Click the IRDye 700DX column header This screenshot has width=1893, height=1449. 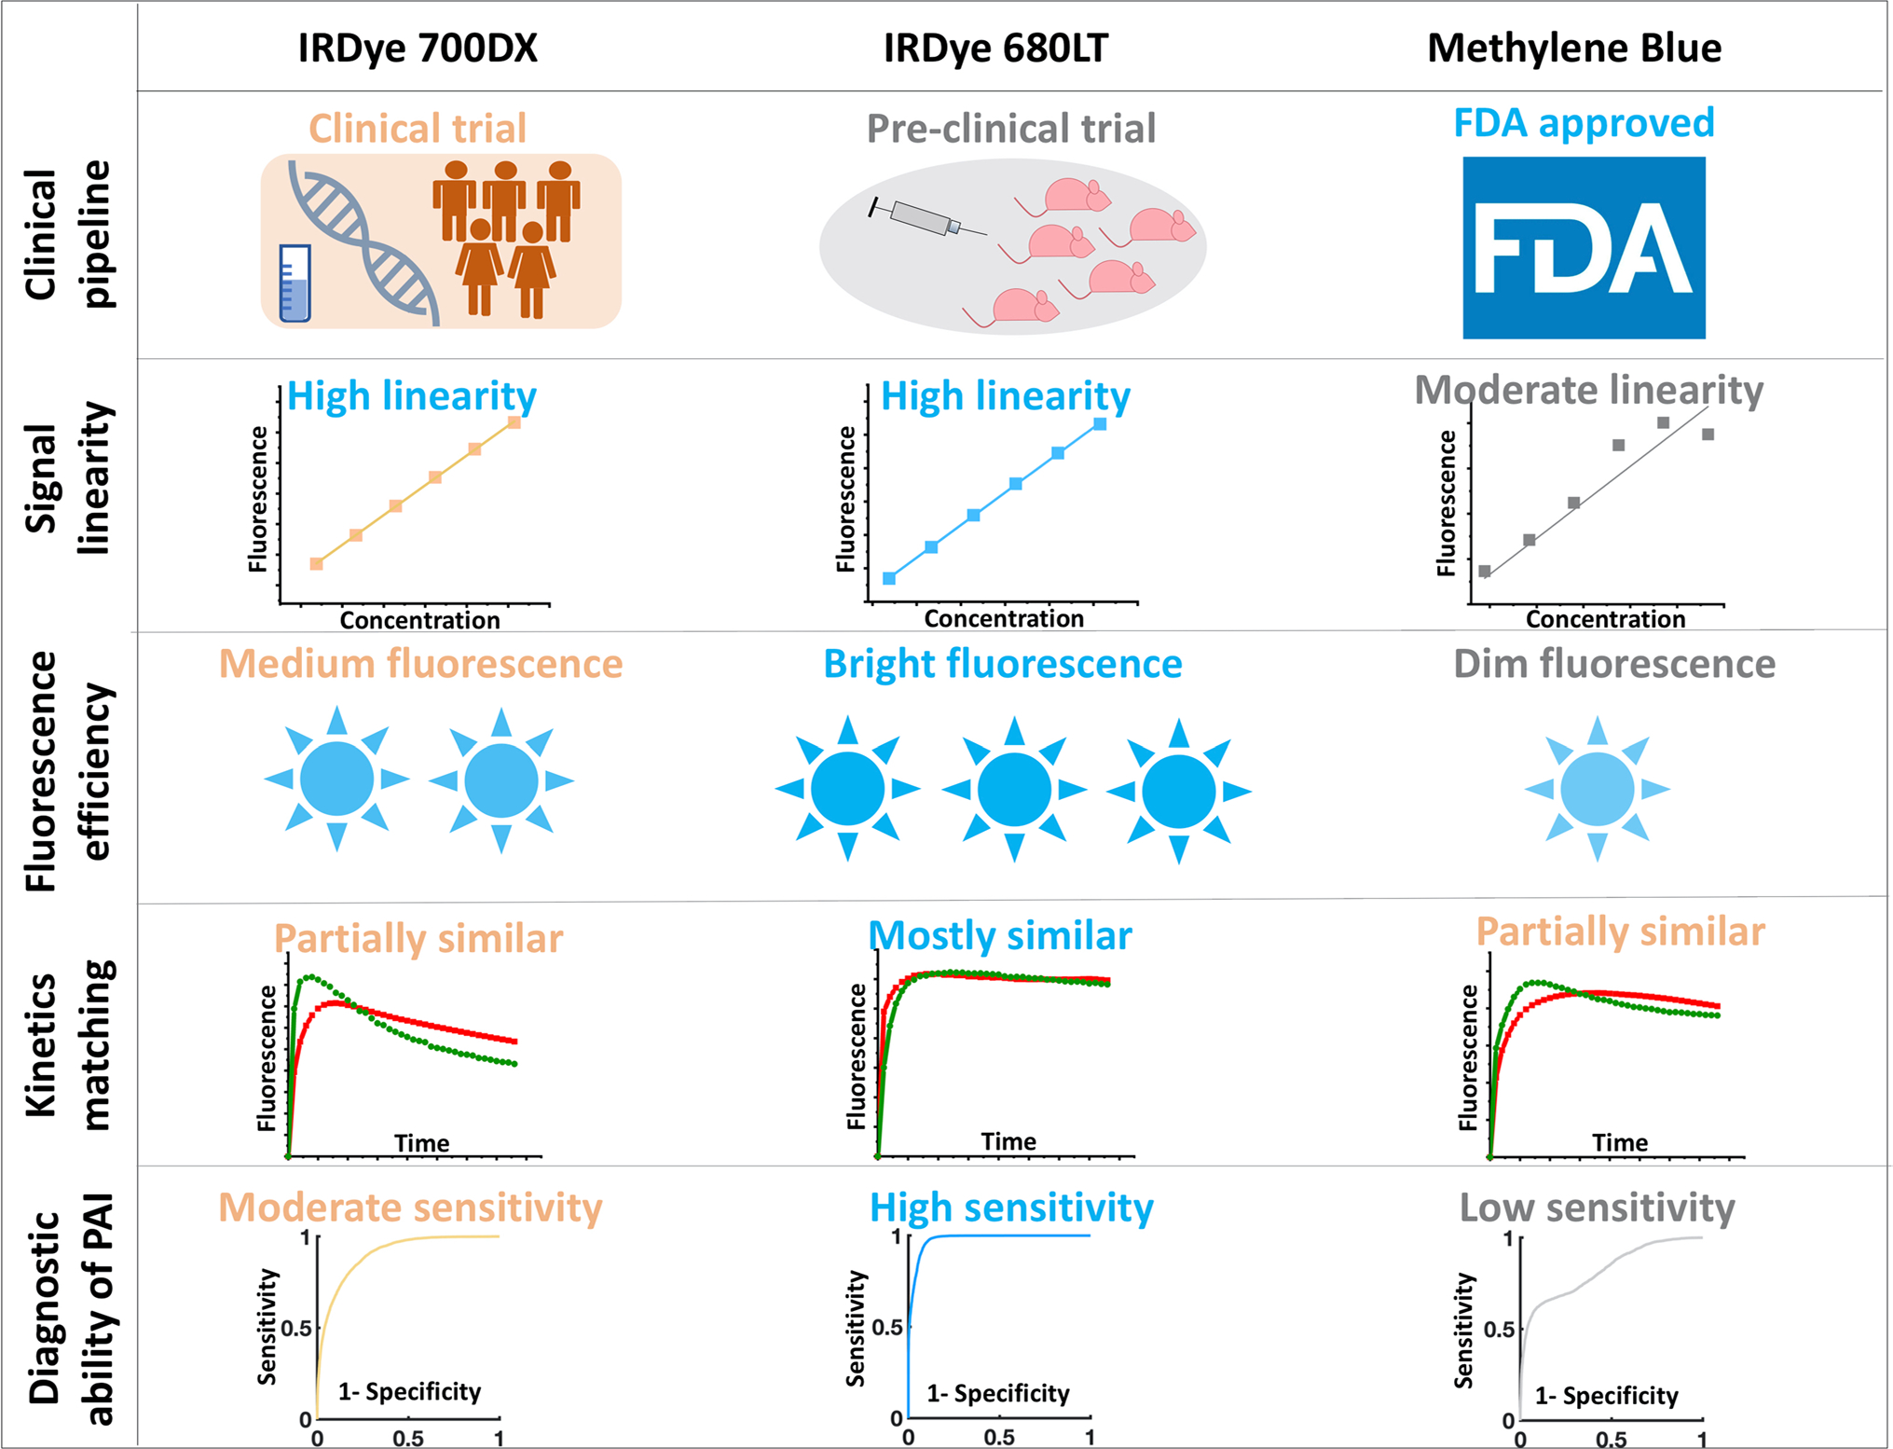[418, 48]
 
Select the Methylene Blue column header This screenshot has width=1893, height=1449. [1574, 48]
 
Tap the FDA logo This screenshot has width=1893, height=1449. [1584, 248]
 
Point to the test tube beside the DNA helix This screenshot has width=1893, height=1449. [295, 284]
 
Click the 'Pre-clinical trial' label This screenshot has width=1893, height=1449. [1011, 129]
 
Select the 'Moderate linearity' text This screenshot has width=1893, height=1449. [1588, 390]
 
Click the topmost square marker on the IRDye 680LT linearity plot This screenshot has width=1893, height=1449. [1100, 424]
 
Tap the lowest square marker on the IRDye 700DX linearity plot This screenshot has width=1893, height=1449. [317, 563]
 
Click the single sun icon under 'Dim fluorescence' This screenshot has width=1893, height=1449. [1597, 789]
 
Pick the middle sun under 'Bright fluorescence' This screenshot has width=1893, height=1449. [1014, 789]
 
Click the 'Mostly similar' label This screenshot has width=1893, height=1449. [1000, 935]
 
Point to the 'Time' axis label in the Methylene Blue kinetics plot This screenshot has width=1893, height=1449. [1620, 1142]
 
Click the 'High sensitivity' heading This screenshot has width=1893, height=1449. [1011, 1207]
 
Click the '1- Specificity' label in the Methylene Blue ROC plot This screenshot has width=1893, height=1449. [1606, 1396]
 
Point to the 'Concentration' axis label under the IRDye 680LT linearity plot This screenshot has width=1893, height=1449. [1004, 618]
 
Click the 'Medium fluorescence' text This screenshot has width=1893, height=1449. [420, 664]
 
